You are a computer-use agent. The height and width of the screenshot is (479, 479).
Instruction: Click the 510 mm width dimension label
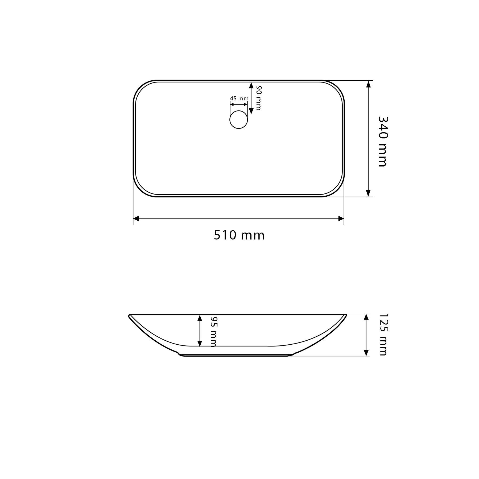click(239, 235)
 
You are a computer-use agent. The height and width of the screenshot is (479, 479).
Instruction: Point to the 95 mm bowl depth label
click(213, 331)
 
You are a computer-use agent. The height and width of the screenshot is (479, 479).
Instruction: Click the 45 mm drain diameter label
click(239, 98)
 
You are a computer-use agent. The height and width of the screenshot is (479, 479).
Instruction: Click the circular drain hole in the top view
click(239, 120)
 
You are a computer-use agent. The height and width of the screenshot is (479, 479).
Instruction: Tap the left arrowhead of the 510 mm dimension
click(136, 219)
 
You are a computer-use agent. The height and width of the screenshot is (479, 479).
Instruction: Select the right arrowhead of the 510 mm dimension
click(341, 219)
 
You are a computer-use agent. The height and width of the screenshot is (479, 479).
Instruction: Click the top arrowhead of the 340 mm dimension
click(368, 84)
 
